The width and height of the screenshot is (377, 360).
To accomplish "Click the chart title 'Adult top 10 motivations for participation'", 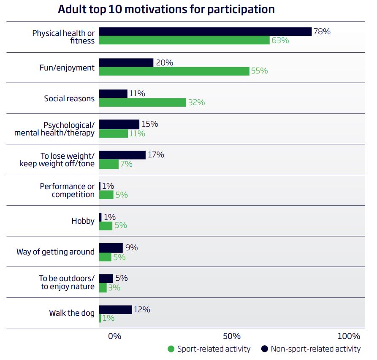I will coord(166,9).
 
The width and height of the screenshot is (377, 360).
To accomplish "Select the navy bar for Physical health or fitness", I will coord(205,32).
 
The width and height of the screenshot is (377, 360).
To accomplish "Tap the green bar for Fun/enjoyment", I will coord(174,71).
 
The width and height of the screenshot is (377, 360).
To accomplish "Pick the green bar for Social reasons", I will coord(142,102).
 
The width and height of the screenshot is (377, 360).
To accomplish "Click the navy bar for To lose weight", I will coord(122,155).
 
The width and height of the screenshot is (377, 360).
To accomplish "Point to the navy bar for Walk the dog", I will coord(115,310).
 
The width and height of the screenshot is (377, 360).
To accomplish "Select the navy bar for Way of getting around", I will coord(111,248).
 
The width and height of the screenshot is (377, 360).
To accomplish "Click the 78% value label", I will coord(322,31).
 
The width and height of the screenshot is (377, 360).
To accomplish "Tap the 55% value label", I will coord(259,71).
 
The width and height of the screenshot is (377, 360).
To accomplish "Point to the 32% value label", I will coord(196,102).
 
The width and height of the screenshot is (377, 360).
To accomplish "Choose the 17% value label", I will coord(156,155).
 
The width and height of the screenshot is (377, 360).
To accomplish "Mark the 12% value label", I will coord(142,309).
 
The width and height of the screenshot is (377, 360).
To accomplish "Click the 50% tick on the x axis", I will coord(232,336).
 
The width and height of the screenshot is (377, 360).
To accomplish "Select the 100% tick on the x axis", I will coord(349,336).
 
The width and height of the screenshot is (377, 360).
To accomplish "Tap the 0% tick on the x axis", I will coord(114,336).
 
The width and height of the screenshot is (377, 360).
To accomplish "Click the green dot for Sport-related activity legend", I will coord(171,349).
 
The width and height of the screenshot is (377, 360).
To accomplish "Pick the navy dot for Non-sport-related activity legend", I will coord(265,349).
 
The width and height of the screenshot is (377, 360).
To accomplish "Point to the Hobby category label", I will coord(83,221).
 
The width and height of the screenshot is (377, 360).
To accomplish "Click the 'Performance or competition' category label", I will coord(68,190).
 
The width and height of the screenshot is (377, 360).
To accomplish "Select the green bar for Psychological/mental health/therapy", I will coord(113,133).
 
